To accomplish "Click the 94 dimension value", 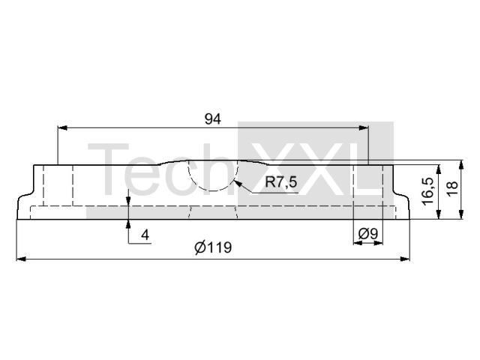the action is point(213,119).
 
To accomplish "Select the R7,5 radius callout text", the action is point(281,182).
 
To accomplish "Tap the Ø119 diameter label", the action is point(213,247).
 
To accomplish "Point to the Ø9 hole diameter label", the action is point(368,234).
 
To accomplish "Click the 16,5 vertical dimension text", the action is point(427,191).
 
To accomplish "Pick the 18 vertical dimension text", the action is point(452,189).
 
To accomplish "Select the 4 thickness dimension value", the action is point(145,235).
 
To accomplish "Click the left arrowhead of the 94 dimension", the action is point(62,127).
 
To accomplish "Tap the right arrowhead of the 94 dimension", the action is point(363,127).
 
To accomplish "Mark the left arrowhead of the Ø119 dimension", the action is point(21,259).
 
